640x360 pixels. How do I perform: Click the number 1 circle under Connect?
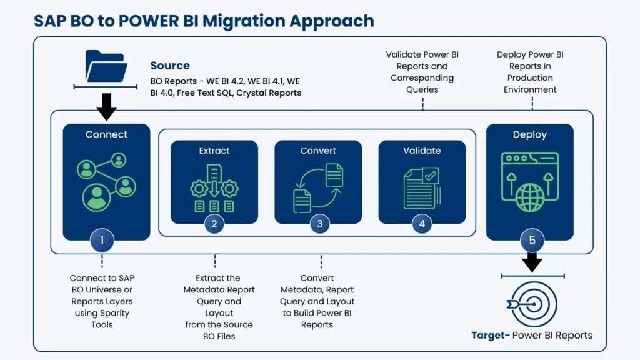(102, 239)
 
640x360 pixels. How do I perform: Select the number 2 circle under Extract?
(214, 224)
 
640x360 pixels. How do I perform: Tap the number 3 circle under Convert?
(320, 224)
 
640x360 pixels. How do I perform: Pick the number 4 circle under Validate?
(422, 224)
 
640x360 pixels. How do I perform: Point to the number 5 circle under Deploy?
(532, 239)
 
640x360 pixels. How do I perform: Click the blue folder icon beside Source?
(106, 66)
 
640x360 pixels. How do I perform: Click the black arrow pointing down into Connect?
(106, 106)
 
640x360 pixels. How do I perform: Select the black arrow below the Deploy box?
(532, 261)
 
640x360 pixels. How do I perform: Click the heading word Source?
(170, 66)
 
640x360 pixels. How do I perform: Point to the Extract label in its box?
(214, 151)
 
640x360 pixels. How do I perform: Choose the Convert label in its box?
(318, 151)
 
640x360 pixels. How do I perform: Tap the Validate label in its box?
(422, 151)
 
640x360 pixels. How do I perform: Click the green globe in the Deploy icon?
(530, 197)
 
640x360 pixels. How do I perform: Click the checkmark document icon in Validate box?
(422, 186)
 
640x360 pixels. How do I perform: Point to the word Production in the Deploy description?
(530, 77)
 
